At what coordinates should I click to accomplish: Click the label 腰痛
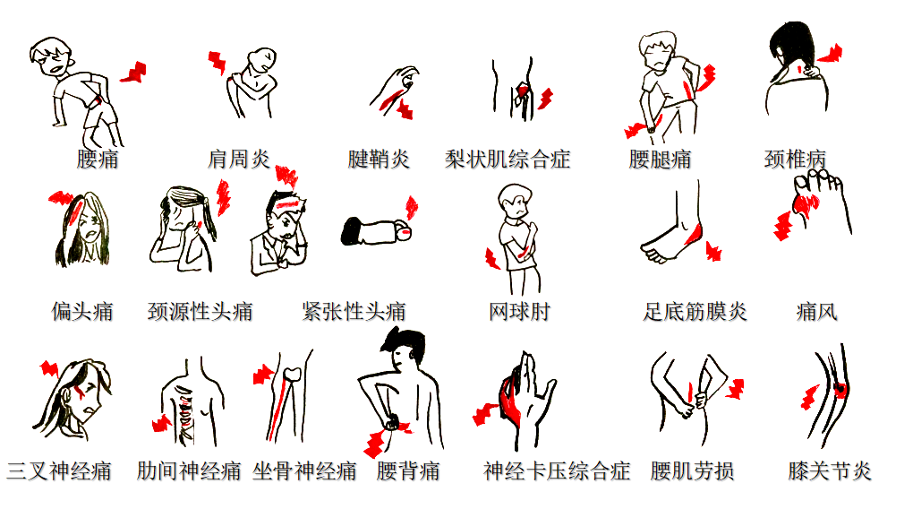click(x=98, y=160)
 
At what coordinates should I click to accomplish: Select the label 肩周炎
click(x=238, y=160)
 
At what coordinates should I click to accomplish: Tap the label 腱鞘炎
click(x=379, y=160)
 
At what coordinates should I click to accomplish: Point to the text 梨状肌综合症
click(x=508, y=160)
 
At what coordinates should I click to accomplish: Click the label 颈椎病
click(x=795, y=160)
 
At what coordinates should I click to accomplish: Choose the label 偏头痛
click(x=82, y=312)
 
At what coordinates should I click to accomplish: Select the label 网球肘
click(x=519, y=312)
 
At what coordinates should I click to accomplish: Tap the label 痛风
click(x=816, y=312)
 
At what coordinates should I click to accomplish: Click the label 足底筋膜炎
click(x=695, y=312)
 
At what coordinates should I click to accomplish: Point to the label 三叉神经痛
click(x=59, y=470)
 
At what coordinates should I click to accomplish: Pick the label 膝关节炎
click(x=830, y=470)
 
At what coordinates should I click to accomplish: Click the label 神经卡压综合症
click(x=557, y=470)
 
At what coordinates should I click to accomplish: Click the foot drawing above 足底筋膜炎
click(x=673, y=233)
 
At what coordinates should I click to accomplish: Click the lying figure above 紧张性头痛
click(x=376, y=231)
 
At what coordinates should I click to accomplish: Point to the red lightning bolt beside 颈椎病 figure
click(x=829, y=54)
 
